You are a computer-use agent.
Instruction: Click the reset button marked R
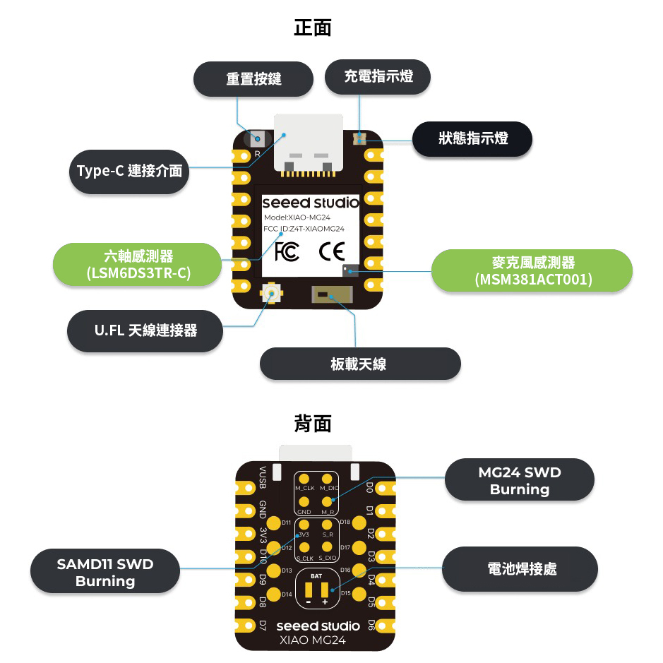pyautogui.click(x=258, y=139)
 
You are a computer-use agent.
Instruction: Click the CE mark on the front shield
pyautogui.click(x=331, y=251)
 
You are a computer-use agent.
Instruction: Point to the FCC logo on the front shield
pyautogui.click(x=287, y=251)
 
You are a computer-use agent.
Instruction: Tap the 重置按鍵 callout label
pyautogui.click(x=253, y=78)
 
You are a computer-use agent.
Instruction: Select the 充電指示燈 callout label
pyautogui.click(x=378, y=76)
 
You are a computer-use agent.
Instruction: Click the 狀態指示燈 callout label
pyautogui.click(x=472, y=138)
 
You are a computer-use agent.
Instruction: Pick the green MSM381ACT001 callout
pyautogui.click(x=533, y=271)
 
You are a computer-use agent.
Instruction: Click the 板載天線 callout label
pyautogui.click(x=360, y=364)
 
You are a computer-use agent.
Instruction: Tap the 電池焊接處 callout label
pyautogui.click(x=521, y=568)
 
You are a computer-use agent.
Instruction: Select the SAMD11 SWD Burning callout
pyautogui.click(x=105, y=572)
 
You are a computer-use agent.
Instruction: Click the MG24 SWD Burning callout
pyautogui.click(x=520, y=480)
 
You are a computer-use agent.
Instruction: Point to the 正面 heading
pyautogui.click(x=312, y=28)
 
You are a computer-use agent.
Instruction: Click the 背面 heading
pyautogui.click(x=312, y=424)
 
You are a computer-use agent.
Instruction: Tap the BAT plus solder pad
pyautogui.click(x=325, y=589)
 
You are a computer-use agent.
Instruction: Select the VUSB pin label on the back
pyautogui.click(x=263, y=477)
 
